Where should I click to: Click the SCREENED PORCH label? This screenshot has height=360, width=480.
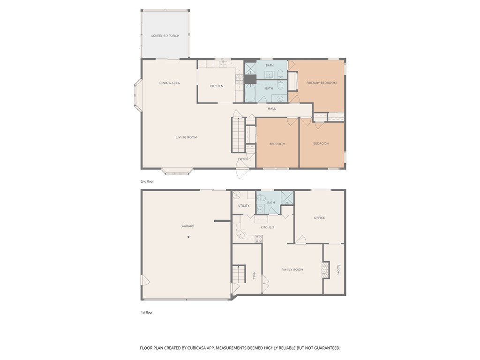point(165,36)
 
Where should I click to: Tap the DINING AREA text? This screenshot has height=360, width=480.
point(169,83)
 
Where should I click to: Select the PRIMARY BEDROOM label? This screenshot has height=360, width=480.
point(321,83)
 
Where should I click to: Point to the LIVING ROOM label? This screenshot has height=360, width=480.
point(186,137)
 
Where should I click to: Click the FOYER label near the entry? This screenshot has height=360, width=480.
point(243,159)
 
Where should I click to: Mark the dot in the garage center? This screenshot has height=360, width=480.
point(188,237)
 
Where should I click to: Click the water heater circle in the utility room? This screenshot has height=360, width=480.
point(237,195)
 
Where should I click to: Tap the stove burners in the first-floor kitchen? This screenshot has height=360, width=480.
point(258,239)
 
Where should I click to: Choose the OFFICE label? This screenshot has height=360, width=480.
point(319,218)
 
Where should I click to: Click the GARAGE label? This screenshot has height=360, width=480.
point(187,226)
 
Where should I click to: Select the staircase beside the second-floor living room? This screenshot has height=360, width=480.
point(238,135)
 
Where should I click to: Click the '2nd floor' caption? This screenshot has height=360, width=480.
point(147,181)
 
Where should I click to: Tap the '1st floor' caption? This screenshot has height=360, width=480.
point(147,312)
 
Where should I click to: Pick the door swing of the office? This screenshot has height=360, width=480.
point(300,240)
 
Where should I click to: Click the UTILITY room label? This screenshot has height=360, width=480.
point(243,206)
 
